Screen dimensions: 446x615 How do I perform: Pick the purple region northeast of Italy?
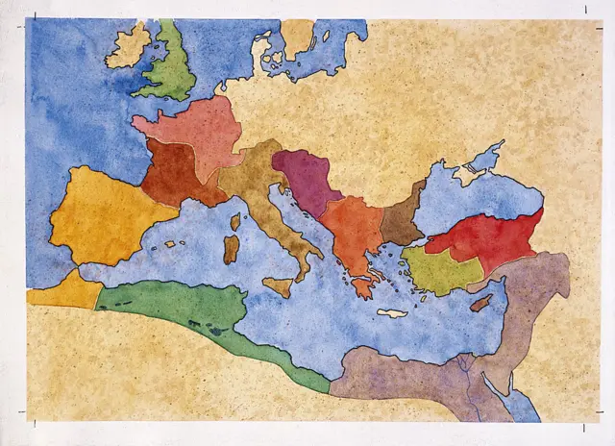point(307,178)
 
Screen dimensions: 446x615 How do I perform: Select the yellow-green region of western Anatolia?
point(437,269)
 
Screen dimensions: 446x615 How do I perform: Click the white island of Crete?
point(392,312)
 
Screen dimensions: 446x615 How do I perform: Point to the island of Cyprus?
point(481,302)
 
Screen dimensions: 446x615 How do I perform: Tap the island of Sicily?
point(278,286)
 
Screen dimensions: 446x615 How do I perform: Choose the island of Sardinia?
point(232,249)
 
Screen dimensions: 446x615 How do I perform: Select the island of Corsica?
point(234,222)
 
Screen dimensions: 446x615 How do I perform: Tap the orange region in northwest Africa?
point(62,288)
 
